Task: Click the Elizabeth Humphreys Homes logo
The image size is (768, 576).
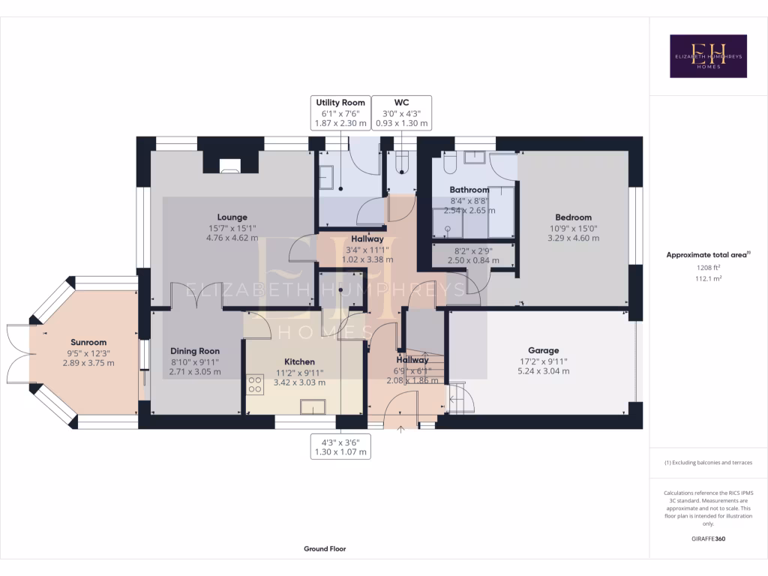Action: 708,56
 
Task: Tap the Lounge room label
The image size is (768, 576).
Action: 232,217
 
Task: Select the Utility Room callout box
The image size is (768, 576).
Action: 340,112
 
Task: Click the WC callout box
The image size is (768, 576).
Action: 402,112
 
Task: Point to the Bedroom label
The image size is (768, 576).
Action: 574,217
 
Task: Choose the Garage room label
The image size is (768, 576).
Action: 543,350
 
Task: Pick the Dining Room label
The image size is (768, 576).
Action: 195,350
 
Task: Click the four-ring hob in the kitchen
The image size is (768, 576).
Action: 255,385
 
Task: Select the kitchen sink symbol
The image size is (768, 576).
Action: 313,406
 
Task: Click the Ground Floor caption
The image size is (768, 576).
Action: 325,549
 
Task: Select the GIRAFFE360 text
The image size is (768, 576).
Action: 708,538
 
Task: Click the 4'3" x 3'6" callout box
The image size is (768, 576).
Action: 340,447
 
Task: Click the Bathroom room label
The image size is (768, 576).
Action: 469,190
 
